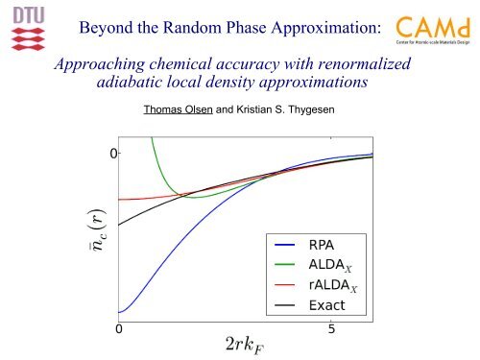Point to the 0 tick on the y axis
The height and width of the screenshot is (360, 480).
coord(112,154)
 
